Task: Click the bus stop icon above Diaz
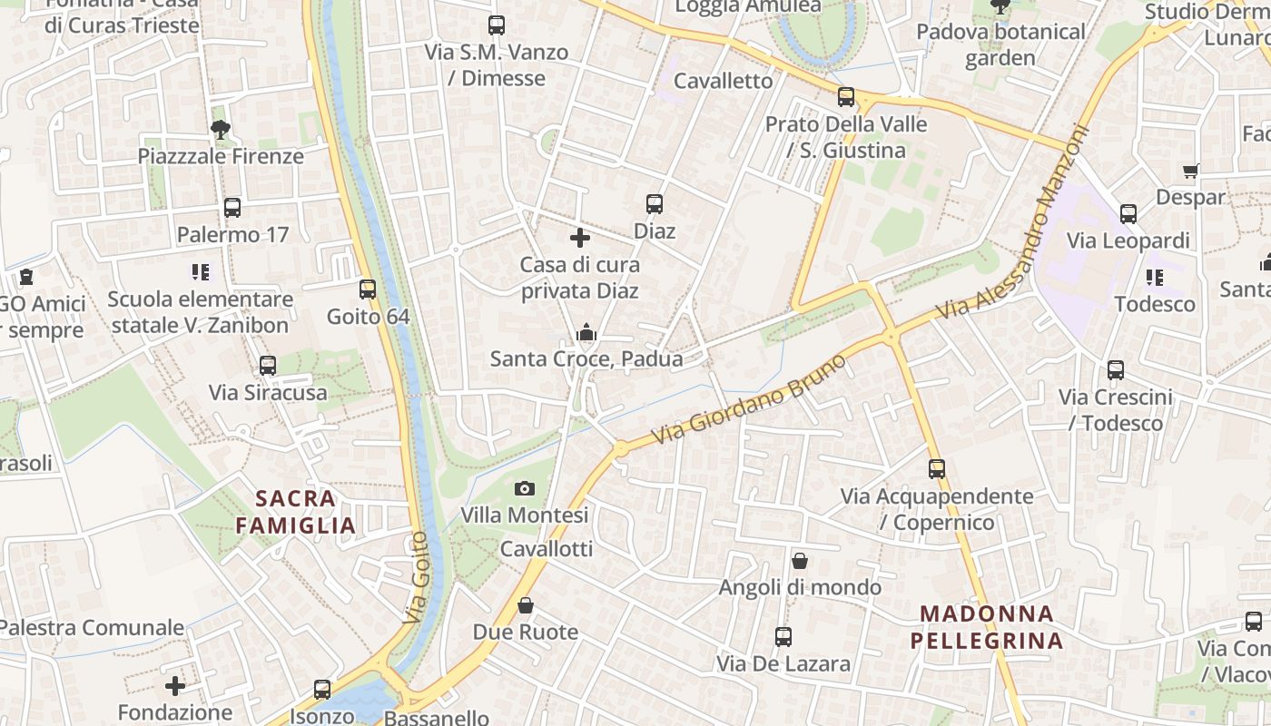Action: click(655, 204)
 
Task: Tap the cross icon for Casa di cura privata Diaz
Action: click(580, 239)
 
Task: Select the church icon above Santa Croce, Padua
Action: click(586, 333)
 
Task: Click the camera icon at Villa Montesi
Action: click(524, 489)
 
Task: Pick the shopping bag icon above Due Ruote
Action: click(526, 605)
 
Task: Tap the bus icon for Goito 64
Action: click(368, 289)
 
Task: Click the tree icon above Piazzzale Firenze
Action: click(220, 130)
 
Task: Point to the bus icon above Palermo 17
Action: click(232, 208)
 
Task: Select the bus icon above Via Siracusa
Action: click(268, 366)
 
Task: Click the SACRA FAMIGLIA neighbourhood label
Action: click(295, 511)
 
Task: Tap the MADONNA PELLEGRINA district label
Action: click(986, 627)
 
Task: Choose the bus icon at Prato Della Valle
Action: click(846, 97)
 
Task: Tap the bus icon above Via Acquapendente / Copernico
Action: click(937, 469)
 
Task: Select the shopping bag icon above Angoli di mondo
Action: click(800, 561)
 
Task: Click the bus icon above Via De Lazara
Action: click(783, 637)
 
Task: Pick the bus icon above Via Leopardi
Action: click(1128, 214)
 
